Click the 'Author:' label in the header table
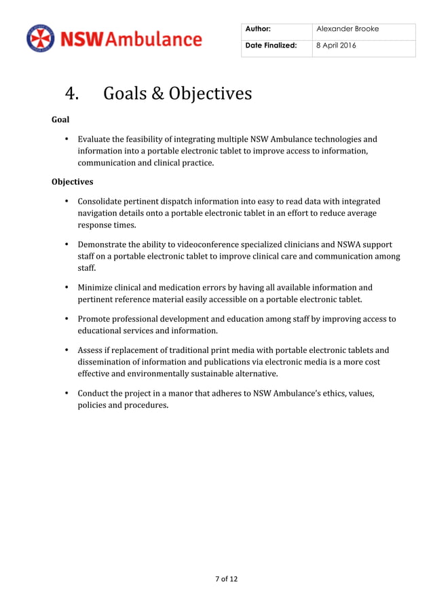[x=259, y=29]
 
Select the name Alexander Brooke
[x=347, y=29]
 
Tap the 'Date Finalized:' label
[x=271, y=45]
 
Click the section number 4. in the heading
[x=71, y=94]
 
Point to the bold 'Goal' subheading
[x=60, y=119]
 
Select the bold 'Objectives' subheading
[x=72, y=182]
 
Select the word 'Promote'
[x=94, y=319]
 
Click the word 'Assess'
[x=90, y=350]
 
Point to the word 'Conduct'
[x=94, y=393]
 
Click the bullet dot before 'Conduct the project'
[x=67, y=393]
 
